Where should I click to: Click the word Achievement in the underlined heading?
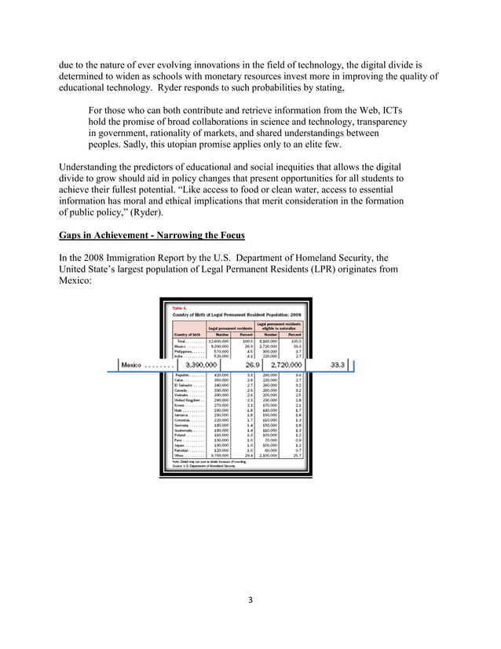click(123, 234)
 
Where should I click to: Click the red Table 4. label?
click(181, 309)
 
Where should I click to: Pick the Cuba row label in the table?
click(181, 381)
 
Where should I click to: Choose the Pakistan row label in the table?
click(185, 449)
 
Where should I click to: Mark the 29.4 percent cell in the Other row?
click(247, 455)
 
